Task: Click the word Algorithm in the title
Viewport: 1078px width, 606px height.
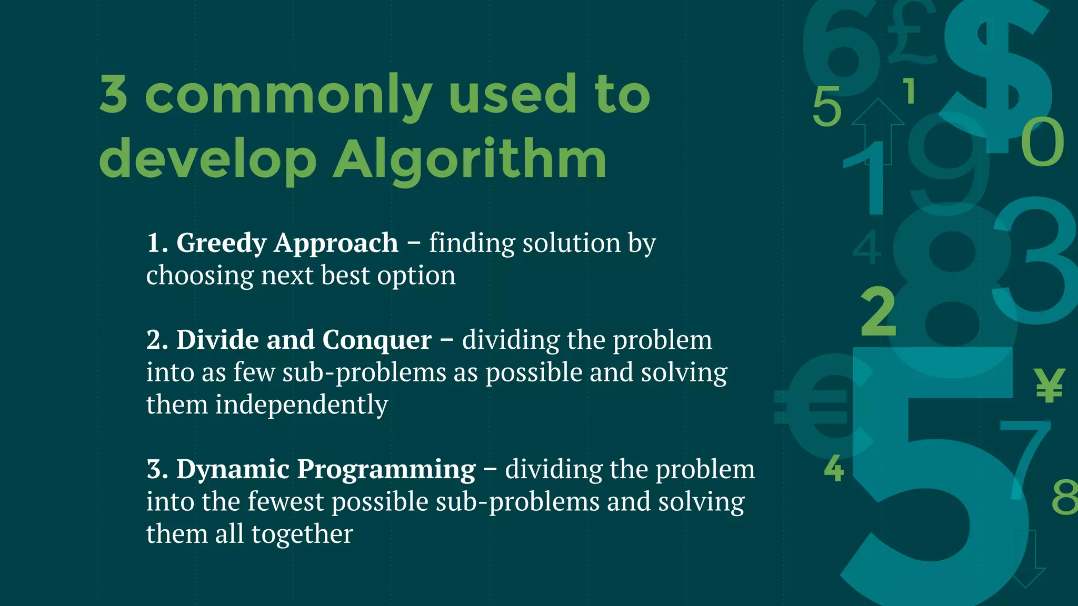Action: [470, 159]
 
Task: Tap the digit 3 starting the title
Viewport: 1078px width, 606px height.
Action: [113, 95]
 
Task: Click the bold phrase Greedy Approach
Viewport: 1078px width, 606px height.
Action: [287, 243]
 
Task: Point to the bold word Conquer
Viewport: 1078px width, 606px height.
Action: [376, 340]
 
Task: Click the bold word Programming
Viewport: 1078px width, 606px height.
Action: [386, 469]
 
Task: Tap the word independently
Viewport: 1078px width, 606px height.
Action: [301, 405]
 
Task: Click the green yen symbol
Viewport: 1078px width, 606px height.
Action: [1049, 386]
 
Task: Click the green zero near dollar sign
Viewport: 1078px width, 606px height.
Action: [1042, 142]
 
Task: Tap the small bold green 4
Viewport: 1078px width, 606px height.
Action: [834, 469]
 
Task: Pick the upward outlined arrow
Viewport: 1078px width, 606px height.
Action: [877, 129]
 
